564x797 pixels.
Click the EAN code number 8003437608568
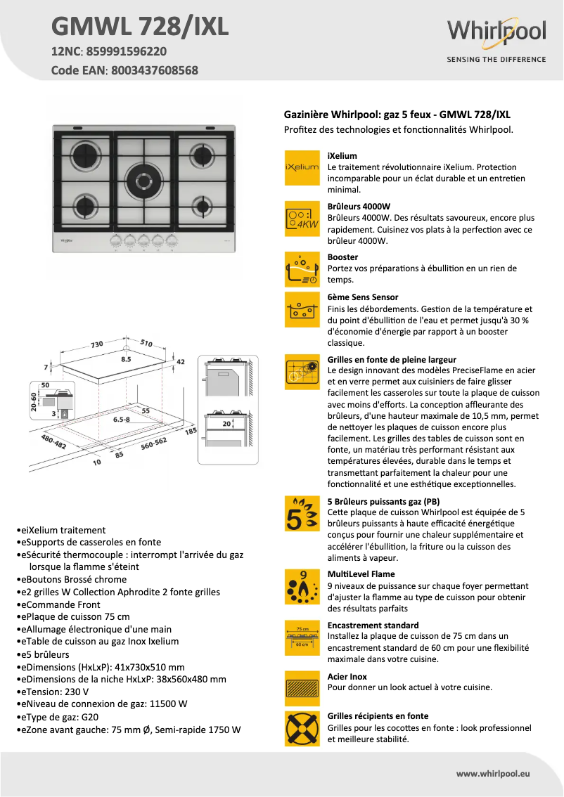tap(155, 70)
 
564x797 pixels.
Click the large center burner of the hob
tap(144, 176)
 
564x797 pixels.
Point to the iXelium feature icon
tap(302, 168)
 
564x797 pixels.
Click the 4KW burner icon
tap(302, 219)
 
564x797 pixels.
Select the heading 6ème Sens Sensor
tap(363, 297)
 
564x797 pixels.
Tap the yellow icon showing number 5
tap(302, 514)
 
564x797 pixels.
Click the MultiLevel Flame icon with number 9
tap(302, 588)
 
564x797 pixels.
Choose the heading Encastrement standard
tap(373, 625)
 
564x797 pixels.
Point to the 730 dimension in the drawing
tap(96, 344)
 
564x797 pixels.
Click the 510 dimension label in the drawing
tap(146, 343)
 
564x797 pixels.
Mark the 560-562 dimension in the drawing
tap(153, 442)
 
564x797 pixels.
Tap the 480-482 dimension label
tap(53, 442)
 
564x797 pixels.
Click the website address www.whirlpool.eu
tap(493, 773)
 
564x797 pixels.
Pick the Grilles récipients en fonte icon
tap(302, 728)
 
